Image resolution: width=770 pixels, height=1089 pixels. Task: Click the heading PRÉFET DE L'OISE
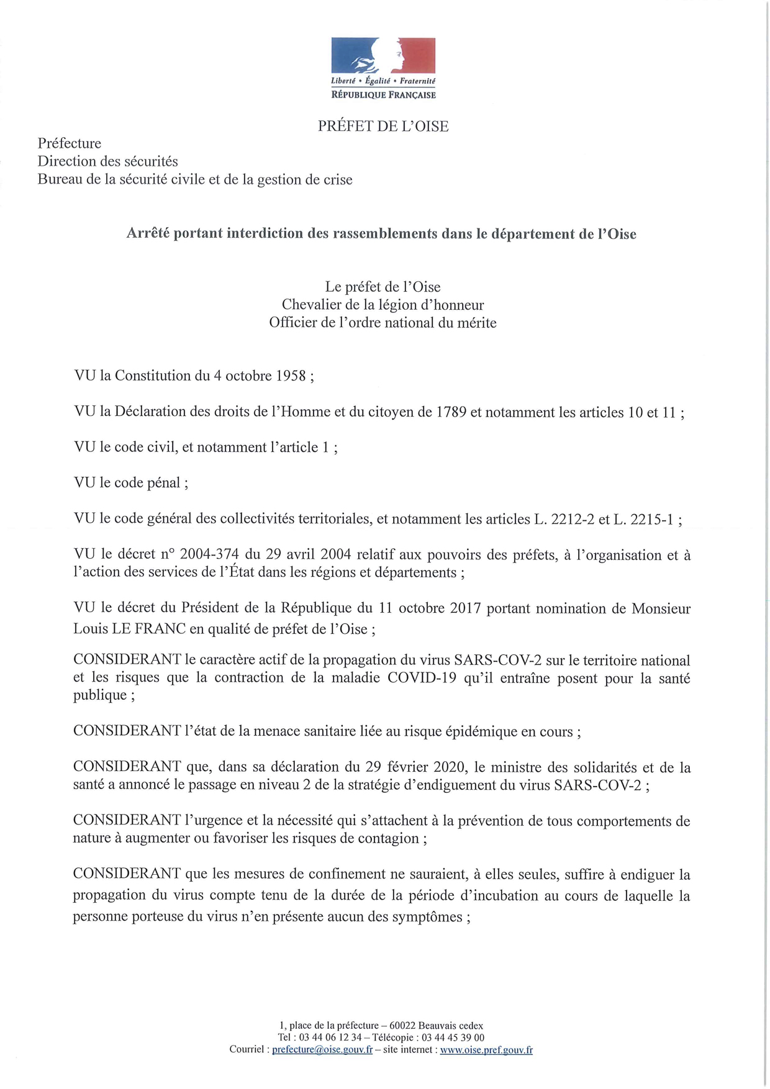tap(383, 126)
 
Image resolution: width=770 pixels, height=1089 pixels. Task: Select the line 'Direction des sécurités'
tap(108, 161)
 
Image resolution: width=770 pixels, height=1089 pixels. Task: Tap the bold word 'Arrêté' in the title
tap(147, 233)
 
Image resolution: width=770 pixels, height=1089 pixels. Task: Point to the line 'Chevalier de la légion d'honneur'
tap(383, 305)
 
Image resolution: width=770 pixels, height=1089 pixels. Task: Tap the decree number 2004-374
tap(209, 554)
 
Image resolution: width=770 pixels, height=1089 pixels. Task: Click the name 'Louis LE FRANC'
tap(130, 629)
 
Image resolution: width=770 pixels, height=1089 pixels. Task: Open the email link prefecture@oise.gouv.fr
tap(322, 1050)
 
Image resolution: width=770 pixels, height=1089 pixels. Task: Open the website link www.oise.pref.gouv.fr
tap(486, 1050)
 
